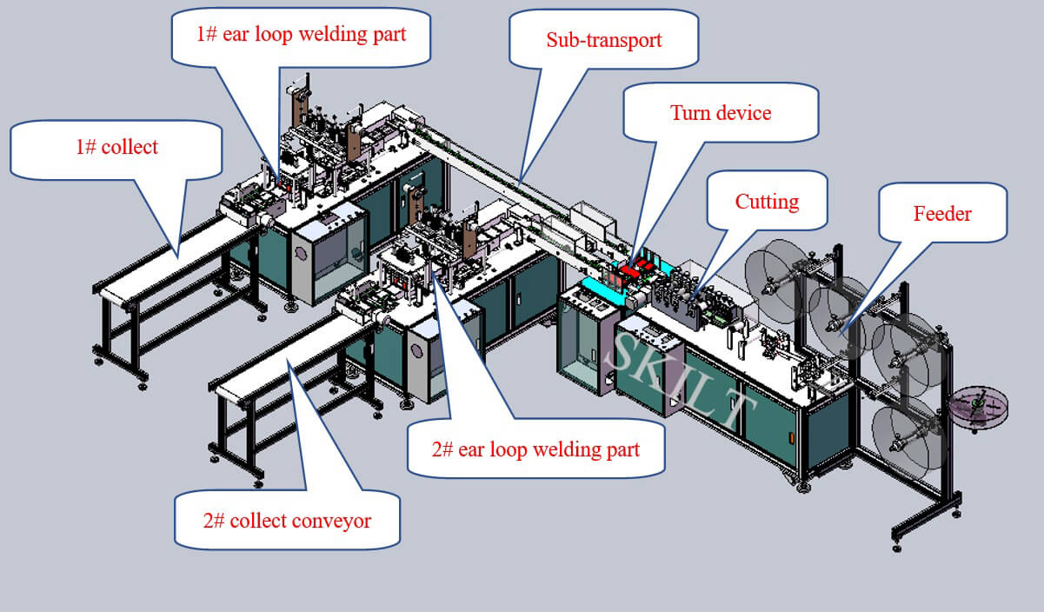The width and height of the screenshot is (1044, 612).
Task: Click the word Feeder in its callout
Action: click(942, 214)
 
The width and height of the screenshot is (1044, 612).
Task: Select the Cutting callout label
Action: click(768, 202)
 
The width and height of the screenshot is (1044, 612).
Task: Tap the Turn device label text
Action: click(721, 113)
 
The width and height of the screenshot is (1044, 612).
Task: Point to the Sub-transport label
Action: click(604, 40)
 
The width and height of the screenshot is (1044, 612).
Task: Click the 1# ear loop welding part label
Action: click(302, 35)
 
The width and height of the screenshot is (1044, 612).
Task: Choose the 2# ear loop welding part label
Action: click(535, 449)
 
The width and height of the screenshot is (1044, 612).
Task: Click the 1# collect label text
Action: click(117, 147)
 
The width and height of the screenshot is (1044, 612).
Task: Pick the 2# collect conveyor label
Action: click(287, 521)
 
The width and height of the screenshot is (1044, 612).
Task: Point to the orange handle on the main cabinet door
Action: click(791, 439)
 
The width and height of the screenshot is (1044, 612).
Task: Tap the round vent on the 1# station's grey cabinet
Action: click(301, 253)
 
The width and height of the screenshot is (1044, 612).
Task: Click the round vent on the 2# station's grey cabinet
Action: click(416, 350)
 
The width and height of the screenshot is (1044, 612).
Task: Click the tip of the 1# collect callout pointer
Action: click(177, 258)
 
